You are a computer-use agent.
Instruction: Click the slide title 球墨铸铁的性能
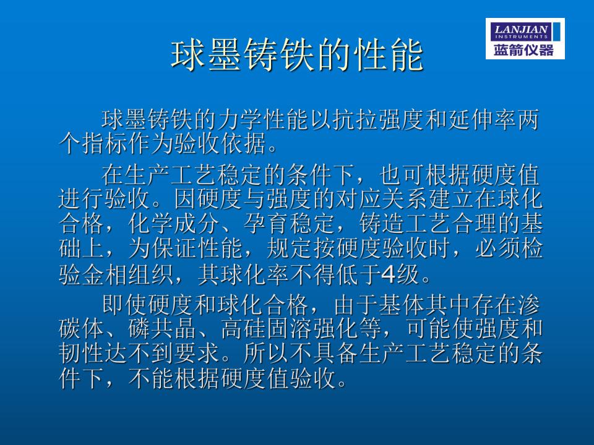click(297, 56)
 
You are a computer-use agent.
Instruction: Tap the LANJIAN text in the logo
click(521, 29)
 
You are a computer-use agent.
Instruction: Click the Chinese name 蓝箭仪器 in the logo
click(524, 49)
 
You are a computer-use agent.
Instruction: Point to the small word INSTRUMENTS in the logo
click(521, 36)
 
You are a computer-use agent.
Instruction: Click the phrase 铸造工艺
click(404, 223)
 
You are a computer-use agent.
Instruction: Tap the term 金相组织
click(127, 274)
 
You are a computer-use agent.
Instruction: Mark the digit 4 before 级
click(389, 274)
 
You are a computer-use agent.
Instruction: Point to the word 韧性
click(82, 354)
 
